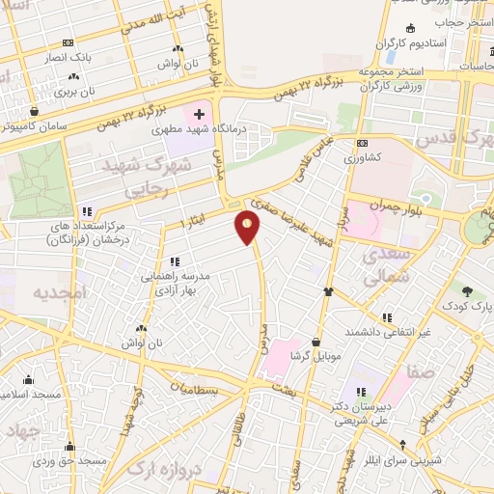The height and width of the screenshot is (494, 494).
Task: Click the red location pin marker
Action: [x=248, y=228]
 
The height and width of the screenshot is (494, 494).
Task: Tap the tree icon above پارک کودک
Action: [x=468, y=290]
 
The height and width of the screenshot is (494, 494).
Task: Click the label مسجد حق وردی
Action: [x=69, y=462]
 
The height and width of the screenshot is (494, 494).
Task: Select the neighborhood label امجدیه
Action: [x=60, y=290]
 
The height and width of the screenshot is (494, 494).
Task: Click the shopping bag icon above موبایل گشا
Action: [x=316, y=341]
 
